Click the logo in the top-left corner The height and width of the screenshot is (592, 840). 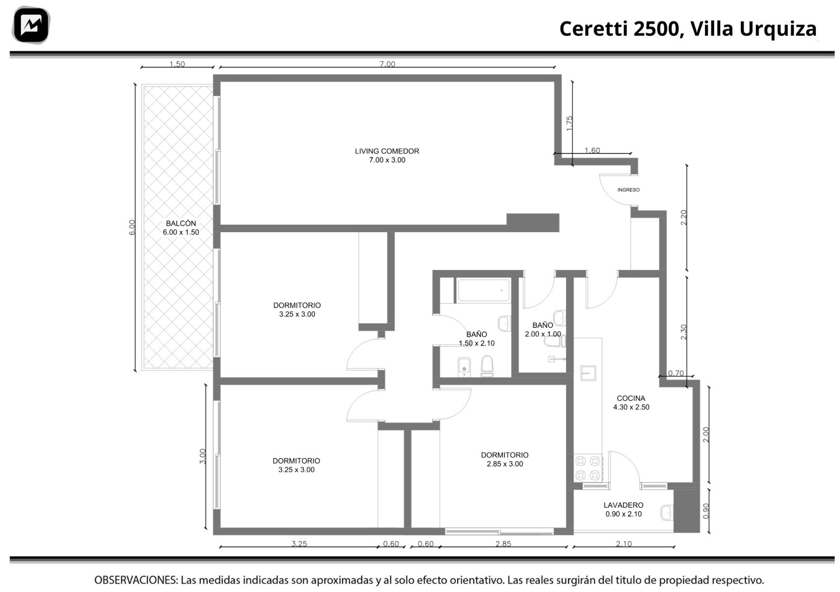(x=31, y=25)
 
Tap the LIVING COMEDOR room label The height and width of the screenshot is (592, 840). (x=387, y=155)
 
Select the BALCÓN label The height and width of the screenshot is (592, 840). (x=181, y=228)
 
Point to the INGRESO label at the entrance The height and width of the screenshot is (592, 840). (x=628, y=190)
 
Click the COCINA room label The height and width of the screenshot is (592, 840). (x=631, y=402)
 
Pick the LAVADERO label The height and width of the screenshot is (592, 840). (x=623, y=510)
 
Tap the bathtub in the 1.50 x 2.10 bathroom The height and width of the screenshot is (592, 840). (x=484, y=290)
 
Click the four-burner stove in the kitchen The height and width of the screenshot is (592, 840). (x=587, y=468)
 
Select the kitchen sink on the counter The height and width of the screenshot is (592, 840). (x=588, y=373)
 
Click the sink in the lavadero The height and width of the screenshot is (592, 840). (x=667, y=513)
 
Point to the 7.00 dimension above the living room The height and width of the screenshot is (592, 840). (x=387, y=64)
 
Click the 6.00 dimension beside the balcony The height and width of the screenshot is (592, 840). (x=132, y=227)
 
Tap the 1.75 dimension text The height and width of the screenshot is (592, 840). (x=569, y=123)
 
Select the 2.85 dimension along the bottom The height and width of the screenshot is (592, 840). (x=503, y=544)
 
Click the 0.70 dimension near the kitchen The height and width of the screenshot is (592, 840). (x=676, y=373)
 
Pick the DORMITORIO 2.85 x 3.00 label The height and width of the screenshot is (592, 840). (x=505, y=459)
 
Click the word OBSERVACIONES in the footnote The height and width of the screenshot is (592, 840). (x=136, y=580)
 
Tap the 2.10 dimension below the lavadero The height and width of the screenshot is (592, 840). (x=624, y=544)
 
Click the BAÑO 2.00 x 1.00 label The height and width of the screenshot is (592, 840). (x=543, y=329)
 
